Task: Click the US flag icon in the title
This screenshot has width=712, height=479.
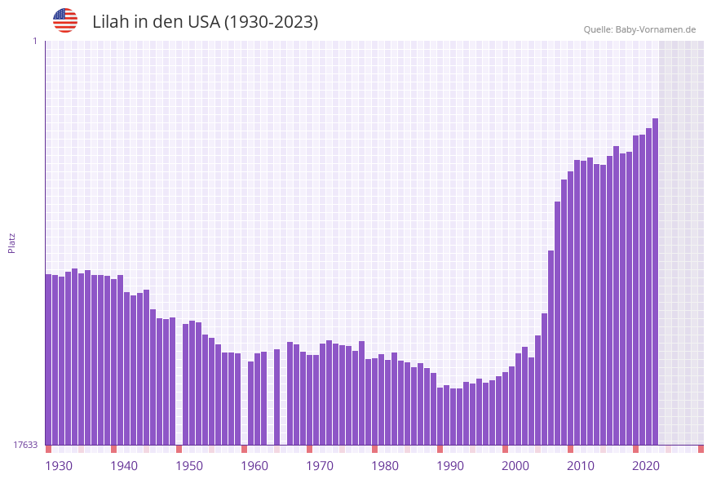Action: point(65,20)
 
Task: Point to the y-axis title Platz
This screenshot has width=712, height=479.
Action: point(12,242)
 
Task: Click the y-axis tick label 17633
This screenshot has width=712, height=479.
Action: point(25,445)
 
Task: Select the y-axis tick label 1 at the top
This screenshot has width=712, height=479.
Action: point(34,41)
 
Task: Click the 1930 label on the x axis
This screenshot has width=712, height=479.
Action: point(59,465)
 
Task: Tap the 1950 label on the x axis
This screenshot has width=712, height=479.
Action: point(189,465)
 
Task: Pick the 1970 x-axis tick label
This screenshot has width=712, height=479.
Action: point(320,465)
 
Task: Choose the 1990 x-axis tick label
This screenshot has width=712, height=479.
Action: point(450,465)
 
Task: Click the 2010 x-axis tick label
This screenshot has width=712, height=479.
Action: point(581,465)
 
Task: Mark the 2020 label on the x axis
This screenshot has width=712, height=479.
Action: point(646,465)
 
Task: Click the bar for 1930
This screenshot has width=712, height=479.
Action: point(49,359)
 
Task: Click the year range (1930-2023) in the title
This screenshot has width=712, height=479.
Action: point(271,22)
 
